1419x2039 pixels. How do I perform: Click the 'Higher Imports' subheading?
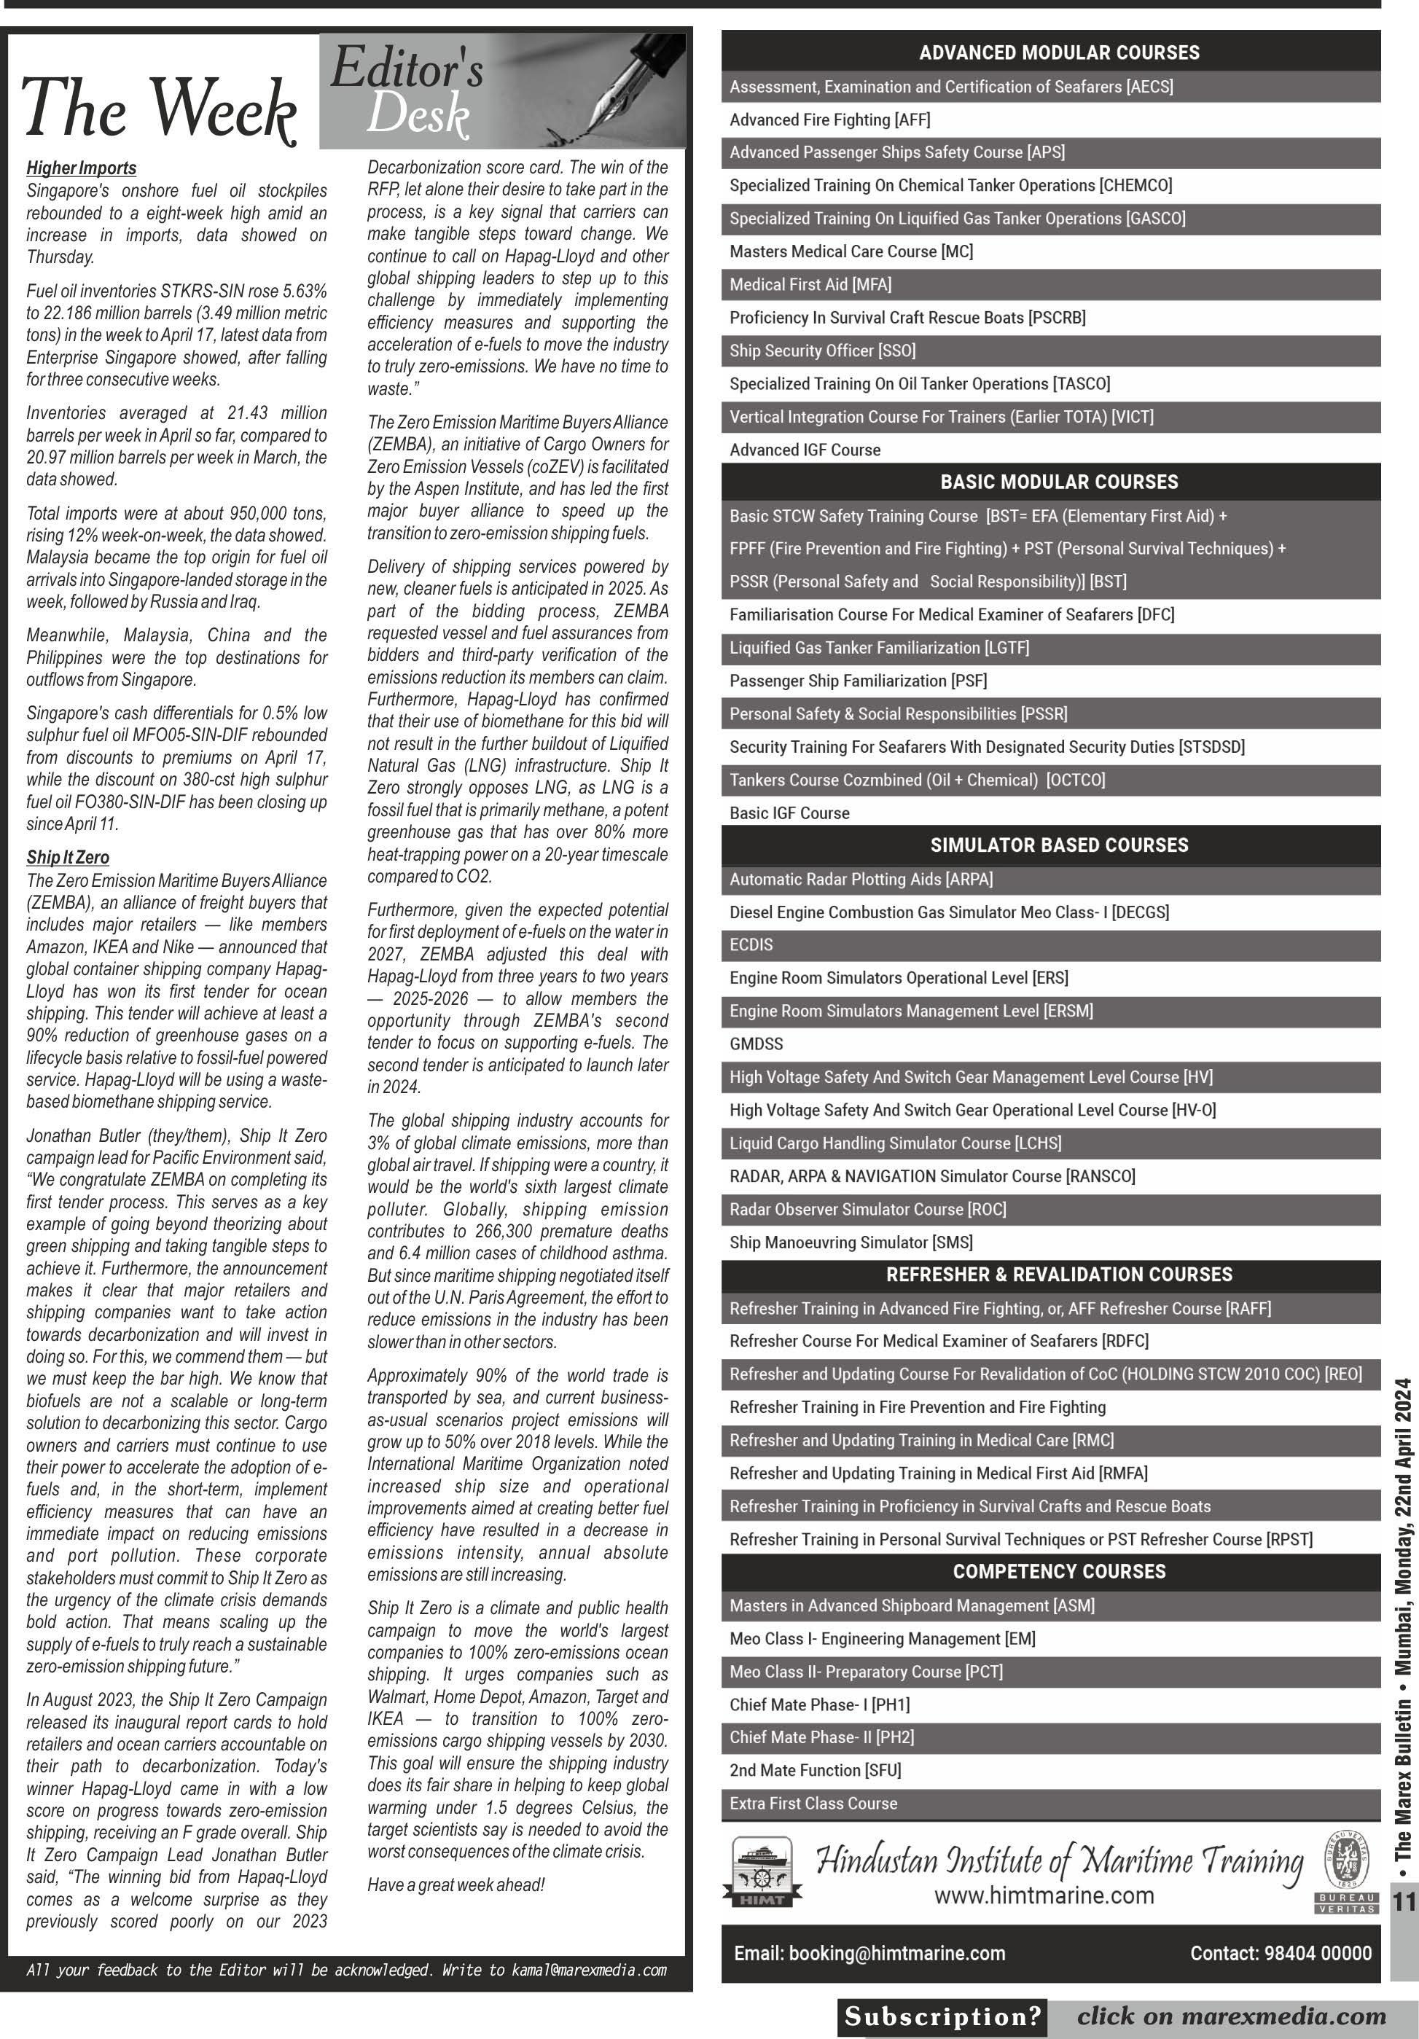pyautogui.click(x=81, y=168)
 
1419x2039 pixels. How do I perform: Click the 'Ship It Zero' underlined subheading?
pyautogui.click(x=68, y=857)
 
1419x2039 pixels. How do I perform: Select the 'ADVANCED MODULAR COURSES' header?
pyautogui.click(x=1058, y=52)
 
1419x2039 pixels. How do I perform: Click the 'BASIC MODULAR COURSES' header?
pyautogui.click(x=1058, y=482)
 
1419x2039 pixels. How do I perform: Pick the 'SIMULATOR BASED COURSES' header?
pyautogui.click(x=1058, y=845)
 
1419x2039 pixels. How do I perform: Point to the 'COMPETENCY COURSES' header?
pyautogui.click(x=1058, y=1571)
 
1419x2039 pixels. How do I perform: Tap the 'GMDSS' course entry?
pyautogui.click(x=757, y=1044)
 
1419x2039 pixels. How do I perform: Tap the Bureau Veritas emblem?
pyautogui.click(x=1346, y=1869)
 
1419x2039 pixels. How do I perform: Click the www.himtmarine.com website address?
pyautogui.click(x=1044, y=1896)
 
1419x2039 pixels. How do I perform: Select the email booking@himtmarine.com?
pyautogui.click(x=869, y=1953)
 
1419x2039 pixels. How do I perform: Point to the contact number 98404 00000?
pyautogui.click(x=1281, y=1953)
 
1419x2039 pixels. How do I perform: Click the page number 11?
pyautogui.click(x=1404, y=1901)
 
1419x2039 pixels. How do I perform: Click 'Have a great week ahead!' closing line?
pyautogui.click(x=456, y=1885)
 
